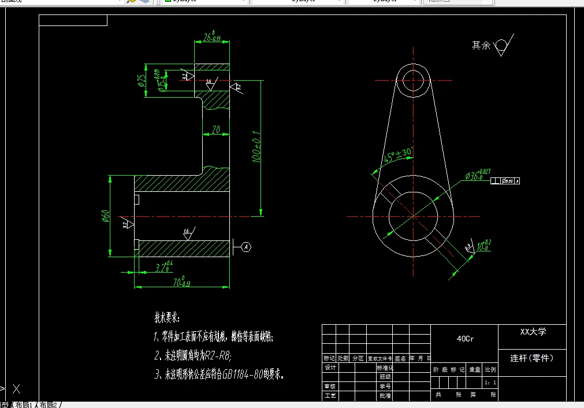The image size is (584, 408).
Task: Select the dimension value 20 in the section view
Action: (216, 130)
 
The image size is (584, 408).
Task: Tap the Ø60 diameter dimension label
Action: (106, 216)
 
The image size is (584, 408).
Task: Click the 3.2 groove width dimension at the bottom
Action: (164, 267)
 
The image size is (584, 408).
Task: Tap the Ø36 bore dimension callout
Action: (476, 176)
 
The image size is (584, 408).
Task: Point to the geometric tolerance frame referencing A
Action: (505, 181)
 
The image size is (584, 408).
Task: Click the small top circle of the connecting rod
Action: (413, 80)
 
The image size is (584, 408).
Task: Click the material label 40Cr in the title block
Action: (465, 339)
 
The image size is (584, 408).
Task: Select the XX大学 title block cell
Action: (533, 332)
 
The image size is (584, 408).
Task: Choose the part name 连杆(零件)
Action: (532, 358)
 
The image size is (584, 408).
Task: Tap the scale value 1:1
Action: (490, 383)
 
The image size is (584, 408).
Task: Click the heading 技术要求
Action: (167, 318)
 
